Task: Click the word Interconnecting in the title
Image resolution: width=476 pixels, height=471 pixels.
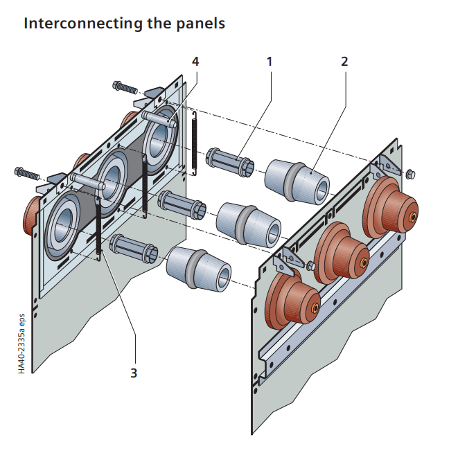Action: [76, 23]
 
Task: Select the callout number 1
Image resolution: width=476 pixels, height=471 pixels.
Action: [270, 61]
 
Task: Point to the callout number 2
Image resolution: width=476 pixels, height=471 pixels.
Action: [344, 61]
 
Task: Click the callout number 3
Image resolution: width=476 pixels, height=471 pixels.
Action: [134, 373]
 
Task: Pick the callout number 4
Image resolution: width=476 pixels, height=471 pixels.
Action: [195, 61]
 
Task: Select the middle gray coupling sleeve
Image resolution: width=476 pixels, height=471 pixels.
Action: [247, 222]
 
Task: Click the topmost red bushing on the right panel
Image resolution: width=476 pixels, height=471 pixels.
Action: [391, 205]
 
